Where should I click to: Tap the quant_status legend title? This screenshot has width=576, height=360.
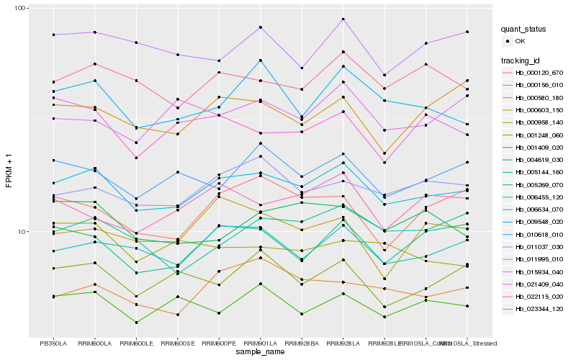pos(523,30)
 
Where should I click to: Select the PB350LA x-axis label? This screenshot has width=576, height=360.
pos(53,343)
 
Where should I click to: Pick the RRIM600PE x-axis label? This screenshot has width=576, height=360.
pos(219,343)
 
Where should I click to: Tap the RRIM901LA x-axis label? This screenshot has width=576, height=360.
pos(261,343)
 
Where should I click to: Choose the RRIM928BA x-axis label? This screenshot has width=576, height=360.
pos(302,343)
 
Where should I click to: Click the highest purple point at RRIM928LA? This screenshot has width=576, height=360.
pos(343,19)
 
